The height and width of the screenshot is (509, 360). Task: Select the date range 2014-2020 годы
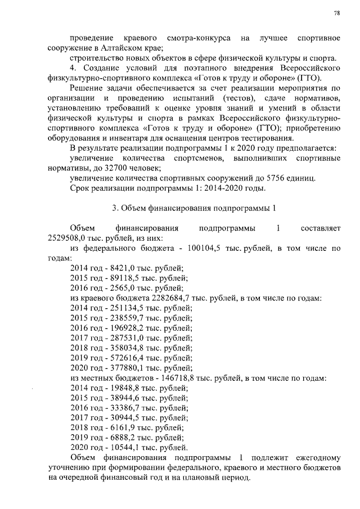[233, 188]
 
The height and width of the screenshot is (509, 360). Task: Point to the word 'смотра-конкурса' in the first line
[199, 38]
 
